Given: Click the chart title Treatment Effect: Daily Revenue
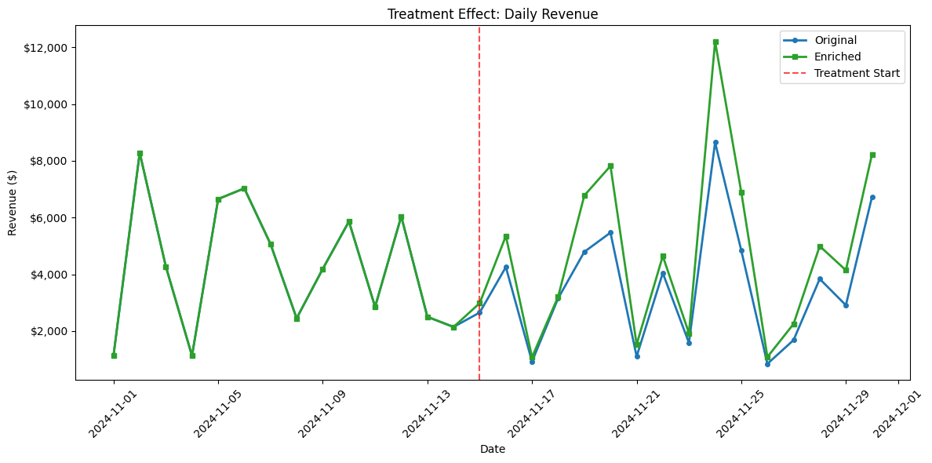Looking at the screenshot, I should pyautogui.click(x=492, y=13).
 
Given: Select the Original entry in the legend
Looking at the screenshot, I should pyautogui.click(x=835, y=40).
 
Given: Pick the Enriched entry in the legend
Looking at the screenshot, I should pyautogui.click(x=837, y=57).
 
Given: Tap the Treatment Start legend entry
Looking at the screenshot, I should pyautogui.click(x=857, y=73).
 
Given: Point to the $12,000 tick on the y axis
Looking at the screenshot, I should pyautogui.click(x=49, y=48).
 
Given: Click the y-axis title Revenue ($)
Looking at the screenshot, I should pyautogui.click(x=13, y=202).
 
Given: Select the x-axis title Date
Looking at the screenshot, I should pyautogui.click(x=492, y=450).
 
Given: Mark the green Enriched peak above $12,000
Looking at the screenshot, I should pyautogui.click(x=715, y=42).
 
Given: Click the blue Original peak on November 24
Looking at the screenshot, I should pyautogui.click(x=715, y=143).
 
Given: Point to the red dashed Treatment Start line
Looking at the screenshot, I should pyautogui.click(x=479, y=196).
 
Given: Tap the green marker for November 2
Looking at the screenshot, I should pyautogui.click(x=140, y=154).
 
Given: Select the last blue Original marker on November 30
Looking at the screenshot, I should pyautogui.click(x=872, y=198).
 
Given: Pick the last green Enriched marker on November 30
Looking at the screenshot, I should pyautogui.click(x=872, y=155).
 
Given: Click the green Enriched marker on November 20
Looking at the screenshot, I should pyautogui.click(x=610, y=166).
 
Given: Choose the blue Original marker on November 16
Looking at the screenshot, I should pyautogui.click(x=506, y=267).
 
